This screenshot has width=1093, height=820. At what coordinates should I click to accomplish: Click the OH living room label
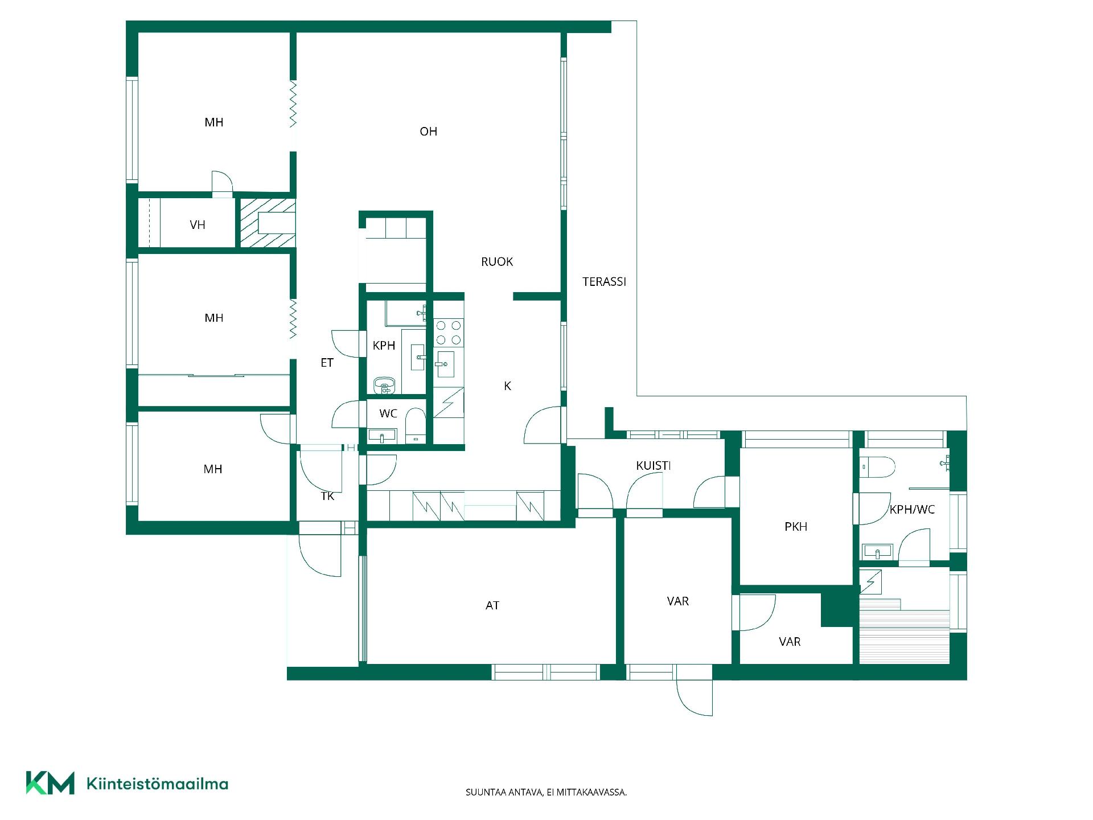click(428, 132)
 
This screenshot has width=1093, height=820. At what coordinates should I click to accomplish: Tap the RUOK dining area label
click(497, 262)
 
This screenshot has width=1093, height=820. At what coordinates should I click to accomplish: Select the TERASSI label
click(604, 281)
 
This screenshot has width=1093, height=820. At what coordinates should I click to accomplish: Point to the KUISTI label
click(654, 466)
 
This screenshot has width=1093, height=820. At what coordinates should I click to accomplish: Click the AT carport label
click(492, 606)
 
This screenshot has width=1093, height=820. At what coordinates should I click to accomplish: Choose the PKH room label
click(796, 527)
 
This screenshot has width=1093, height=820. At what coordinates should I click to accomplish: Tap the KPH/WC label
click(912, 510)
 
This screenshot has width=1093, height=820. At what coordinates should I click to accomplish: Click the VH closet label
click(198, 225)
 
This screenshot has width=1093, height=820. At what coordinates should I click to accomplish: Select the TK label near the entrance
click(327, 497)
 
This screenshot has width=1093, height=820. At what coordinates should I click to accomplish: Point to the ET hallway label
click(327, 363)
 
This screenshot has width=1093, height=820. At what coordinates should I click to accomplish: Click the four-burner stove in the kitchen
click(449, 333)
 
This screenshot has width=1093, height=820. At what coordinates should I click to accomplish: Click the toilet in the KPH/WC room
click(877, 467)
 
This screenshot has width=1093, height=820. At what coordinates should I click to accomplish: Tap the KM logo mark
click(50, 783)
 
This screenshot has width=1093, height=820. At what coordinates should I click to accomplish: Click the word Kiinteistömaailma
click(157, 784)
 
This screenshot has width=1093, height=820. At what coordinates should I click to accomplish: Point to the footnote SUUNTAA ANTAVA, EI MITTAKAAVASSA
click(546, 792)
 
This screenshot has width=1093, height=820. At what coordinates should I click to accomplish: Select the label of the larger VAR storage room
click(677, 601)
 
